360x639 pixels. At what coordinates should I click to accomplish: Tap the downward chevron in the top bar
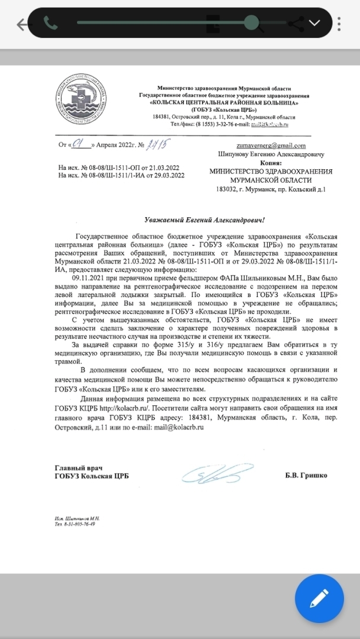pos(314,23)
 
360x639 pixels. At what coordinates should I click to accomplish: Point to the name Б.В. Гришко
pos(306,475)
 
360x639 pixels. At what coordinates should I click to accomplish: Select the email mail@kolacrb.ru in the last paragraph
pos(177,427)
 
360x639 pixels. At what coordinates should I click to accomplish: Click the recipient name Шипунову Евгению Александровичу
pos(271,154)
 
